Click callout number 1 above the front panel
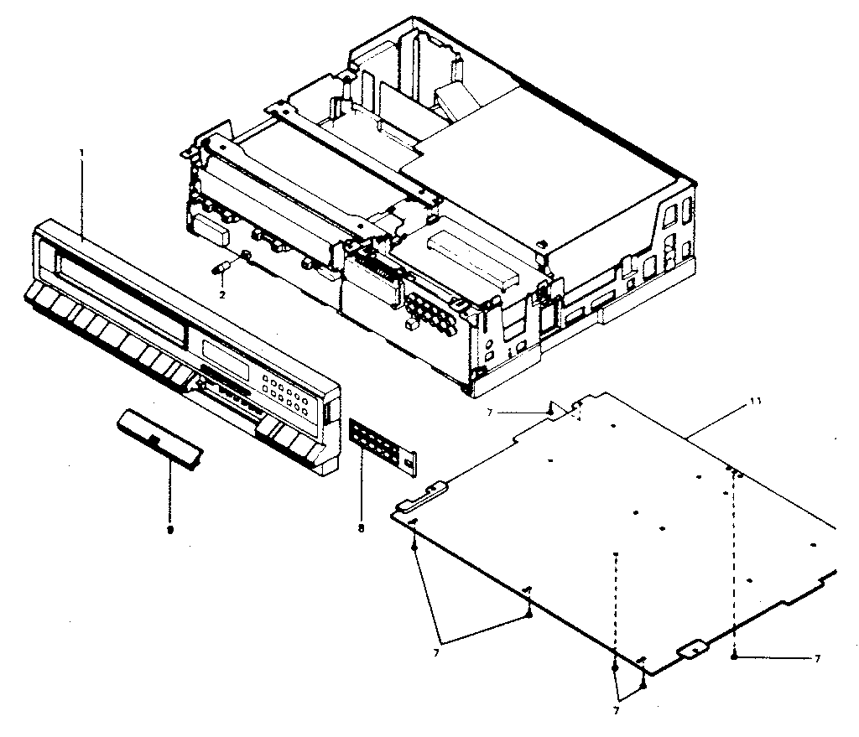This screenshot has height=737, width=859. pos(81,153)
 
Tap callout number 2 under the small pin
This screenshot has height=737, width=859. pos(222,295)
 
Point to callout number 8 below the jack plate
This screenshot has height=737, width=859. pos(361,528)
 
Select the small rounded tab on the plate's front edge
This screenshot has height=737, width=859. pos(693,648)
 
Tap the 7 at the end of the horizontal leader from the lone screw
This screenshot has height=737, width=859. pos(817,659)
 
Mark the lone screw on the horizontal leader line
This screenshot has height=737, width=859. pos(734,658)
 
